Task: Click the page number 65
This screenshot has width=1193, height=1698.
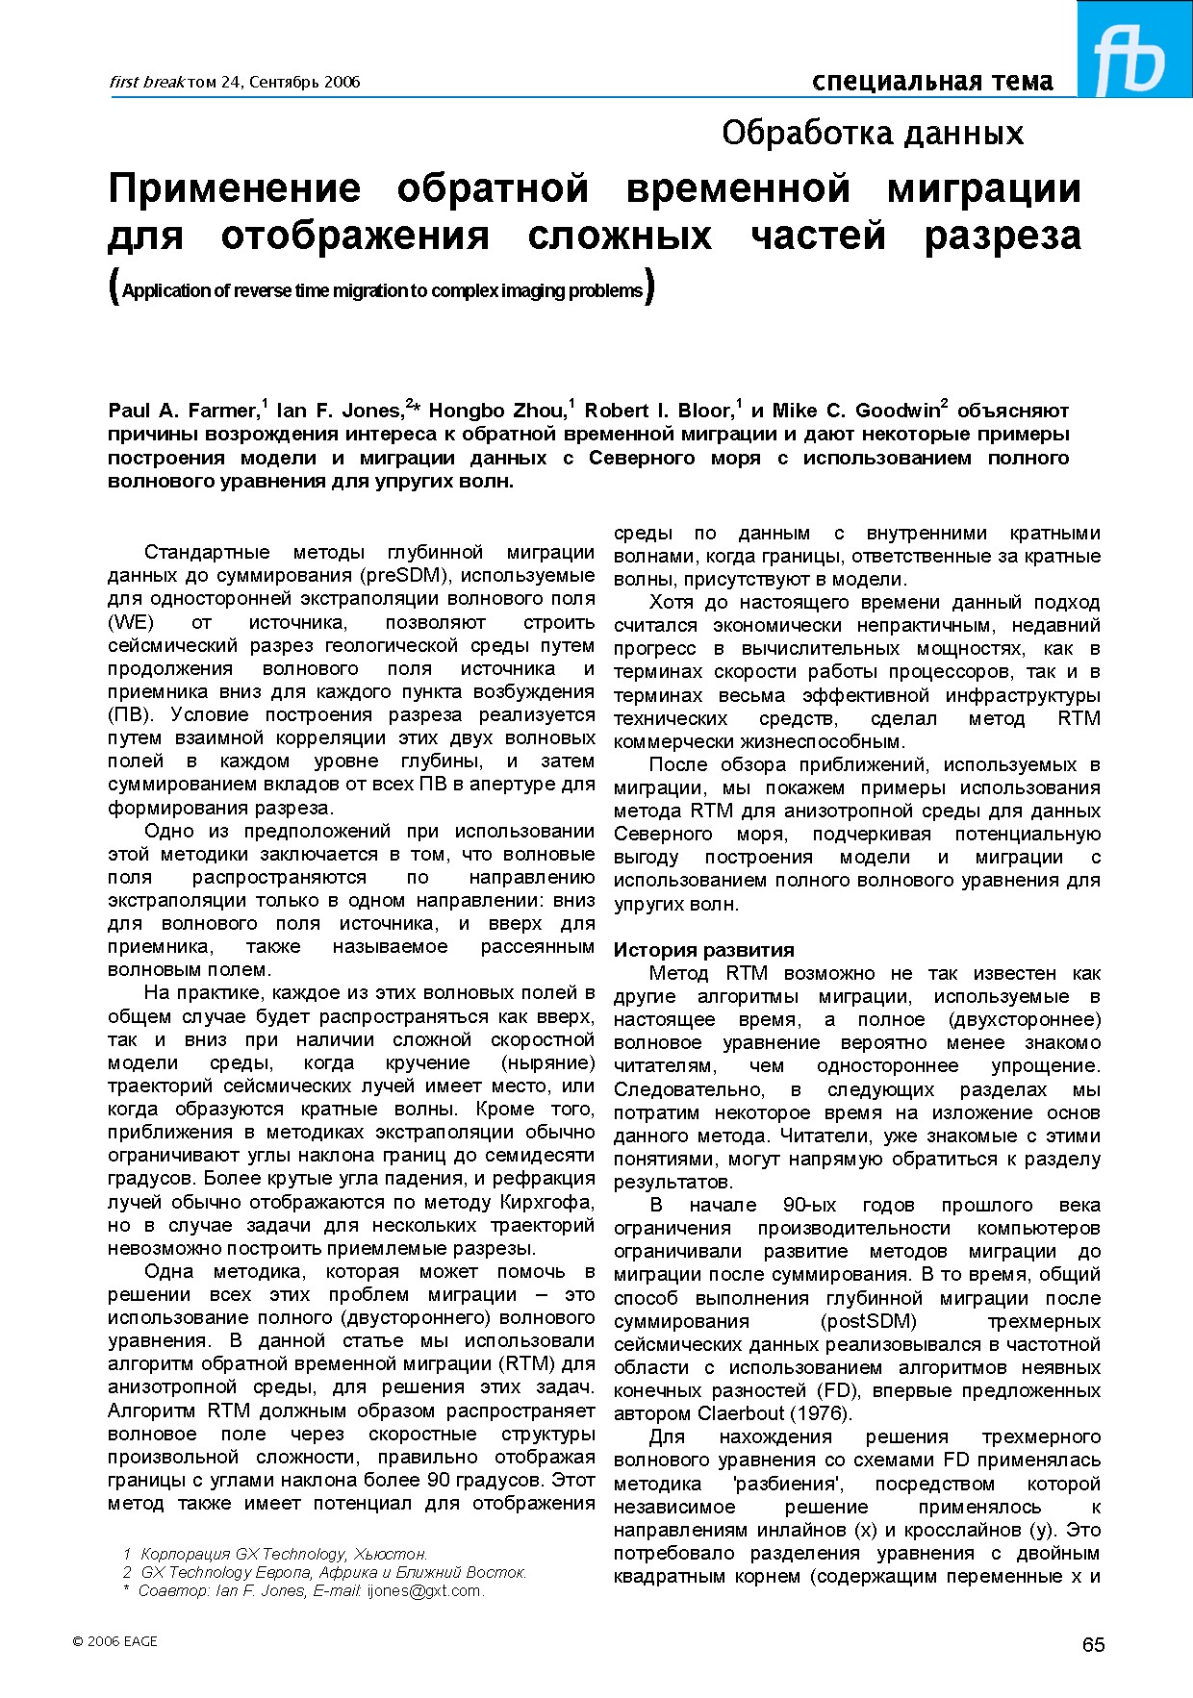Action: (1093, 1645)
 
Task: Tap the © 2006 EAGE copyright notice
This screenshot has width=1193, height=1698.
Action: (114, 1641)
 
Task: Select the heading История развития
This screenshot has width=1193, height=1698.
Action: (703, 950)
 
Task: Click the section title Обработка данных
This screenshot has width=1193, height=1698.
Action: (872, 133)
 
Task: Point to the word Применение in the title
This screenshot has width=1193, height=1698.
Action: (234, 188)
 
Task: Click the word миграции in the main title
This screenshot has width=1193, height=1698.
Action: (983, 188)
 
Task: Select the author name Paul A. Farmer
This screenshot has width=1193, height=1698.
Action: (183, 412)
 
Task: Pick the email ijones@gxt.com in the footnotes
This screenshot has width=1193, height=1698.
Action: (422, 1591)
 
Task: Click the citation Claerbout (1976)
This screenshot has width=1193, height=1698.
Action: (774, 1413)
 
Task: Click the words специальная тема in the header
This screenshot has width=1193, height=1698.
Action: (931, 82)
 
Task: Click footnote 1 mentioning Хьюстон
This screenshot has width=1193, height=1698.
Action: (279, 1554)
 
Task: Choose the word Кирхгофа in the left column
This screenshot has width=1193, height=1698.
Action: (547, 1202)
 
